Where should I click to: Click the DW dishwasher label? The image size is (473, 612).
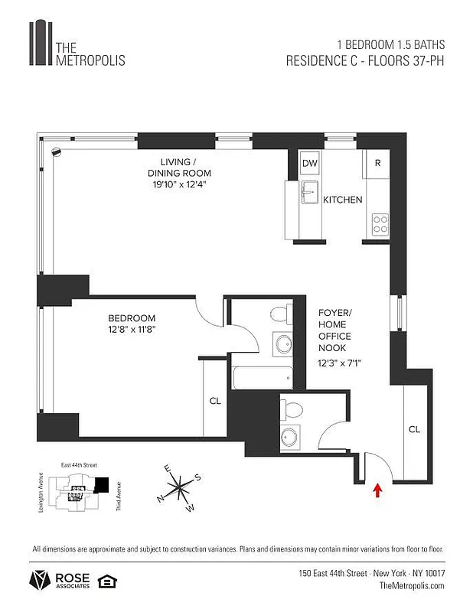click(310, 164)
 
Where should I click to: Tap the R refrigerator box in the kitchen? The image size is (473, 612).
click(377, 164)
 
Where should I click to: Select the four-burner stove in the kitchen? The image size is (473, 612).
click(380, 223)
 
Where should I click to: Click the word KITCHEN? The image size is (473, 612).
click(342, 200)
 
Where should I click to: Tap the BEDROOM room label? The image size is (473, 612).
click(132, 318)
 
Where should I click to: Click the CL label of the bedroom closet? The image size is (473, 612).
click(215, 400)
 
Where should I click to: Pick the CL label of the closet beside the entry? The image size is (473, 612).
click(414, 429)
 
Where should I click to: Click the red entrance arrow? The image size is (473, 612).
click(377, 490)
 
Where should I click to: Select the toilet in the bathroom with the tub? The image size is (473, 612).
click(279, 314)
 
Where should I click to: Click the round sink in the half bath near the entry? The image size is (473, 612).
click(289, 437)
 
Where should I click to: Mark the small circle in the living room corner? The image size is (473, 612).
click(55, 151)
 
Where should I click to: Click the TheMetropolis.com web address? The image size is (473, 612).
click(412, 585)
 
